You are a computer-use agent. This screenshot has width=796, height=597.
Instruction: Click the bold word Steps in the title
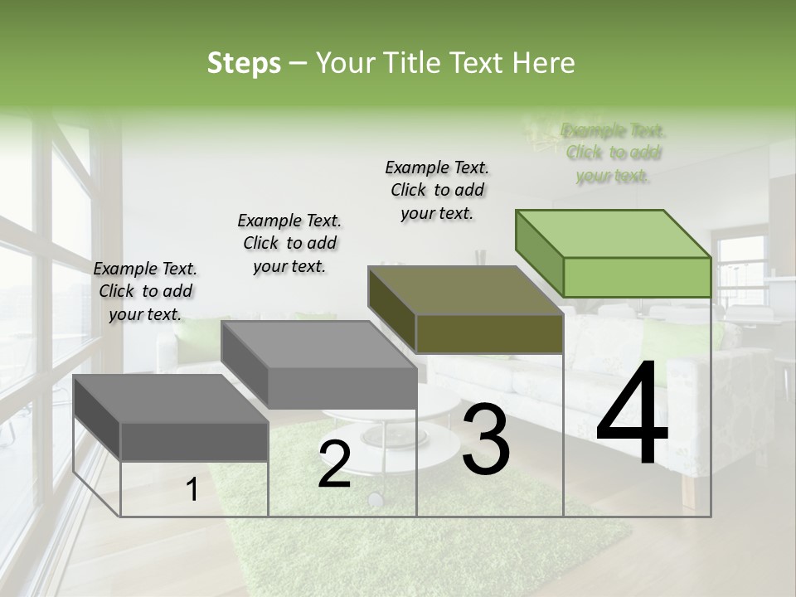tap(243, 63)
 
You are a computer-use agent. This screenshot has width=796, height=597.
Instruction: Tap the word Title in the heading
tap(410, 63)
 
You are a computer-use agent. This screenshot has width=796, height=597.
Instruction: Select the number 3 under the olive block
tap(486, 439)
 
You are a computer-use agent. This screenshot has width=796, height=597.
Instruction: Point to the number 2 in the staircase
tap(334, 464)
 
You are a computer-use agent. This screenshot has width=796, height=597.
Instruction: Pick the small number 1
tap(192, 490)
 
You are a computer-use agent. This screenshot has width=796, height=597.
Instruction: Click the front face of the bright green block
tap(637, 277)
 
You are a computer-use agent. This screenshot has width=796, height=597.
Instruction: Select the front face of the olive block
tap(489, 334)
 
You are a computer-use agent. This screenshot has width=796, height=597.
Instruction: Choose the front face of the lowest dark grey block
tap(195, 441)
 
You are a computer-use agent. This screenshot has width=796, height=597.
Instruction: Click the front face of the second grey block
tap(342, 388)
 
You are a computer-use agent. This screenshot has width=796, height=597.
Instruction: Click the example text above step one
tap(145, 291)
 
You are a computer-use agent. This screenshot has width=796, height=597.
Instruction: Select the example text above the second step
tap(289, 243)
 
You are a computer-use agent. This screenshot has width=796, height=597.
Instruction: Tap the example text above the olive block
tap(437, 190)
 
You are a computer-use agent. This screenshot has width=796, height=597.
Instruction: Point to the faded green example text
tap(613, 153)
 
